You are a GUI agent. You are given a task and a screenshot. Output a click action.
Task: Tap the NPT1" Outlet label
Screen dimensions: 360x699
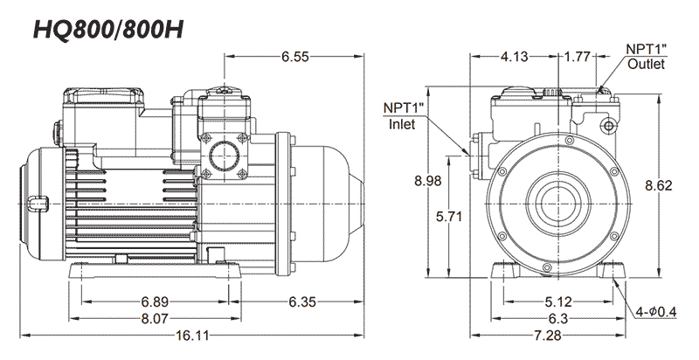(x=646, y=57)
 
